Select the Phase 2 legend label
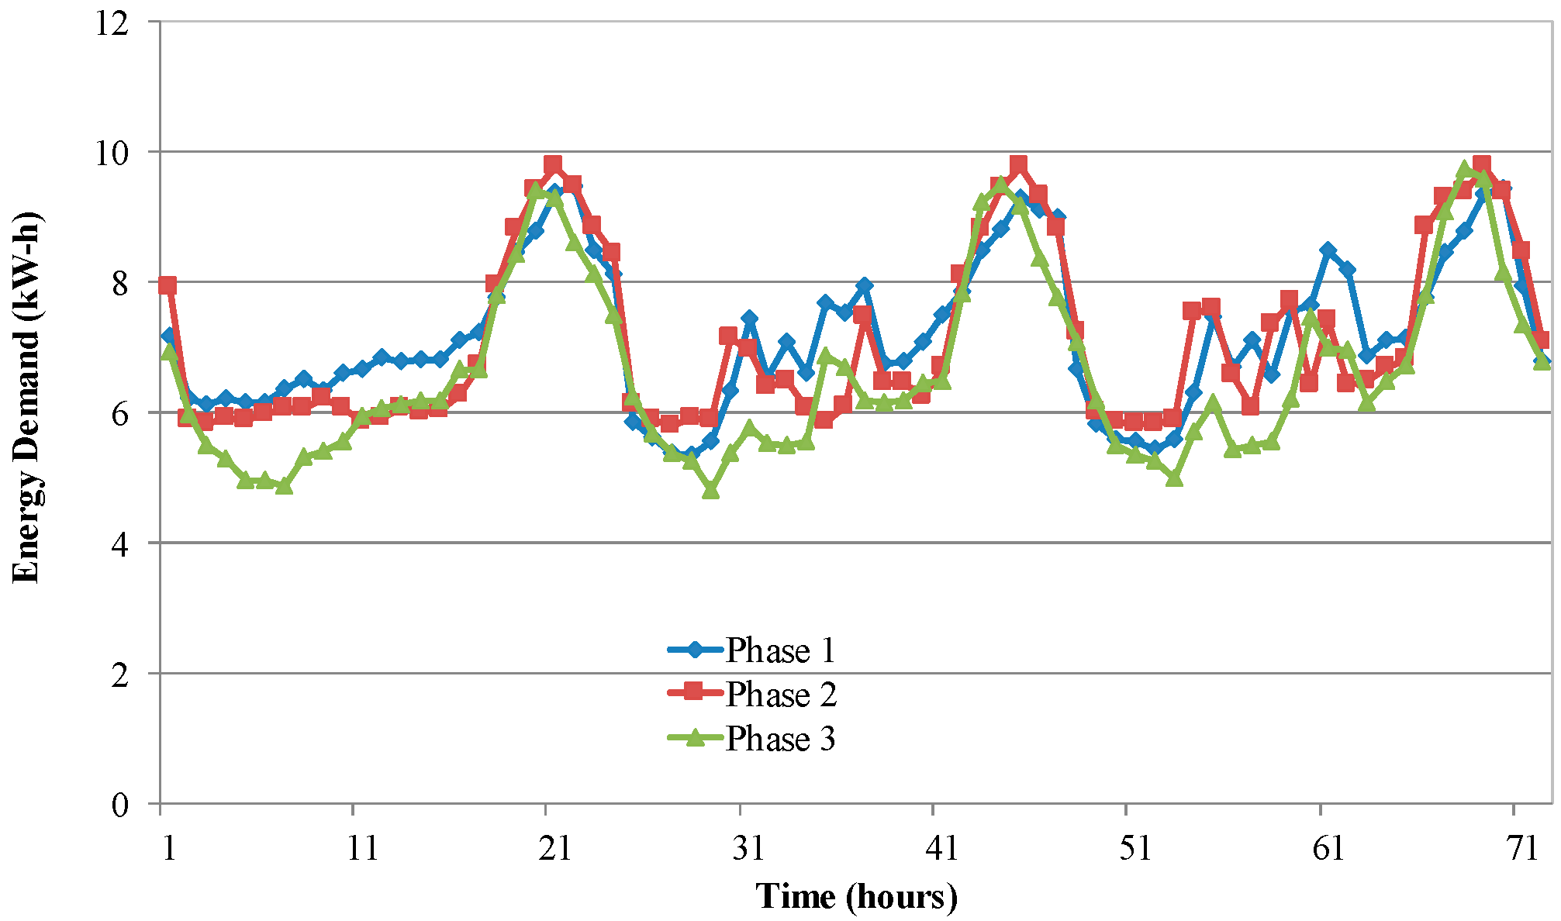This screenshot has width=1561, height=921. tap(779, 694)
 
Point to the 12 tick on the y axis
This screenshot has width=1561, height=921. tap(110, 23)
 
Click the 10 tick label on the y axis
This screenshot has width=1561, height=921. tap(110, 153)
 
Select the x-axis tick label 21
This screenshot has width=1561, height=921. tap(554, 849)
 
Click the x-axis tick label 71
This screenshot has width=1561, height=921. tap(1521, 849)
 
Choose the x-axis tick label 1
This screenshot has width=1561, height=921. tap(167, 849)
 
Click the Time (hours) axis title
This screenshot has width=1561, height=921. tap(856, 896)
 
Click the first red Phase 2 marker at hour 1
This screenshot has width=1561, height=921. tap(167, 285)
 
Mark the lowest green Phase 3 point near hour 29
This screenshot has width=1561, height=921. tap(710, 490)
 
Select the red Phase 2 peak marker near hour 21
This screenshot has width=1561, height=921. tap(553, 164)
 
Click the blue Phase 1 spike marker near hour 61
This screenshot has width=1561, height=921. tap(1328, 250)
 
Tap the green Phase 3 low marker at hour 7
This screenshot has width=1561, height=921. tap(284, 486)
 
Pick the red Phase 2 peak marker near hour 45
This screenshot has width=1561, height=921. tap(1018, 164)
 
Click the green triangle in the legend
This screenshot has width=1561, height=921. tap(696, 737)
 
